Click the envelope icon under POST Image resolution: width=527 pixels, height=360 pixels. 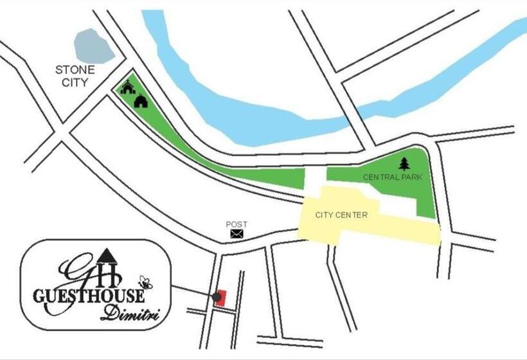point(237,234)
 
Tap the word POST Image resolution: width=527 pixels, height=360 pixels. point(237,224)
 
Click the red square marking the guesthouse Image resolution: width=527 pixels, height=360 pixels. point(221,298)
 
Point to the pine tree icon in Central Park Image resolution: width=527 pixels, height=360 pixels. point(404,164)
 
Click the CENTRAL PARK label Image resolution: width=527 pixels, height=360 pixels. point(393,177)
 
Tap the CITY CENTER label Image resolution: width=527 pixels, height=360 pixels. point(341,215)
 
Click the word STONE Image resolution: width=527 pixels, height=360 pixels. point(75,69)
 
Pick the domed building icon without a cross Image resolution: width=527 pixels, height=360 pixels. point(141,100)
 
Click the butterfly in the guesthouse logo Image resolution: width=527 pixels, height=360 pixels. point(145,282)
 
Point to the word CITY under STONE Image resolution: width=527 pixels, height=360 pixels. point(75,82)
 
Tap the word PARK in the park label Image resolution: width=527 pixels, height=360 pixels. point(411,177)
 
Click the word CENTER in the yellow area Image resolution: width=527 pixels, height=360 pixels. point(353,215)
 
